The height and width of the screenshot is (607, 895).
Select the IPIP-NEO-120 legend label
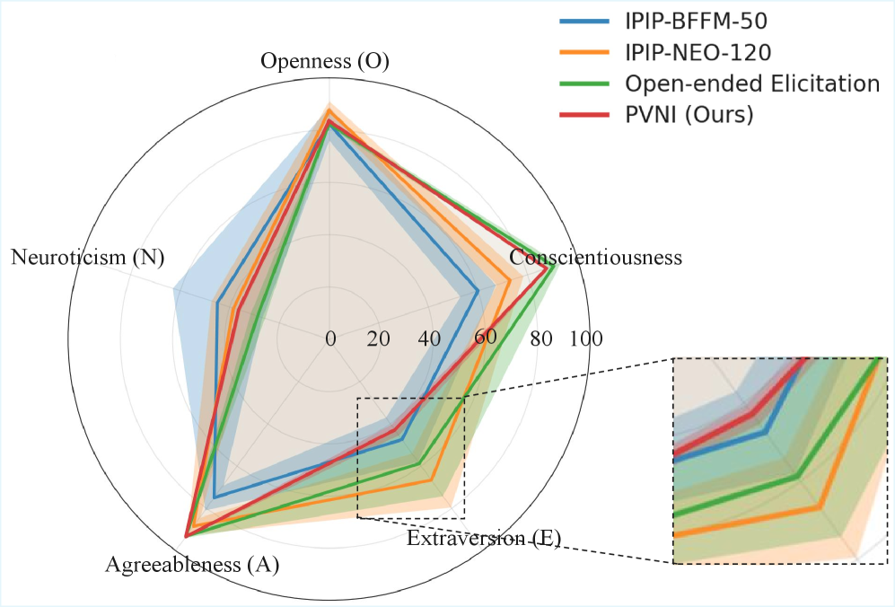tap(697, 52)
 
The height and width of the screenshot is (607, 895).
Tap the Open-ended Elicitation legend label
tap(751, 84)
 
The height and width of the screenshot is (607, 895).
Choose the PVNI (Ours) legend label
tap(689, 115)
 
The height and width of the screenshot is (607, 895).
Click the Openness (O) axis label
tap(325, 61)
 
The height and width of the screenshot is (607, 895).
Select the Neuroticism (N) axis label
tap(88, 258)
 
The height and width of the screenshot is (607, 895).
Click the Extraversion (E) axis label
tap(483, 539)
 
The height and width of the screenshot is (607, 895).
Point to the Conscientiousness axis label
tap(595, 258)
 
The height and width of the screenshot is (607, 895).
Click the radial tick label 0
tap(330, 339)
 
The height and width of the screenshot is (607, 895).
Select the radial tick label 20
tap(379, 339)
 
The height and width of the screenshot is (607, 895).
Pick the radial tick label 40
tap(429, 339)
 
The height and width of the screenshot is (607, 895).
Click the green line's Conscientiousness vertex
tap(557, 266)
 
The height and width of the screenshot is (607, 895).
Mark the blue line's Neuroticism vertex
tap(217, 303)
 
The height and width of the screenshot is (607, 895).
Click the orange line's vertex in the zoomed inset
tap(819, 507)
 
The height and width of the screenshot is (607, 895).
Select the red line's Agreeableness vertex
tap(186, 536)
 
